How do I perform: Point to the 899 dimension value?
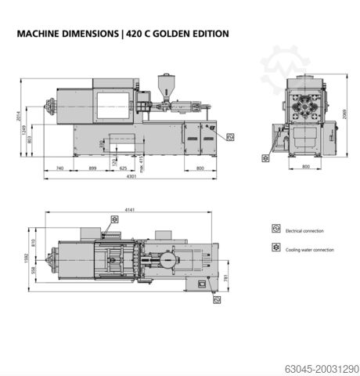(x=92, y=168)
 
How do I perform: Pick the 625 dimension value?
(x=123, y=168)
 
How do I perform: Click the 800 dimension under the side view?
(x=200, y=168)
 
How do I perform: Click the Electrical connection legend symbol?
(x=275, y=230)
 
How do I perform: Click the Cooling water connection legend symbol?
(x=275, y=248)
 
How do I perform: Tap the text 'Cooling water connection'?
(x=311, y=250)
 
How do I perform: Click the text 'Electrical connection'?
(x=305, y=231)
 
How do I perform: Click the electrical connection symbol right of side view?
(x=229, y=136)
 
